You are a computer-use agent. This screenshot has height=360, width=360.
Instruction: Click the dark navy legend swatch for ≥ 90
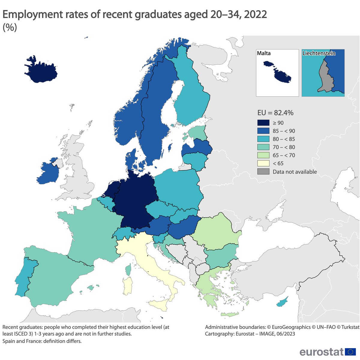[263, 123]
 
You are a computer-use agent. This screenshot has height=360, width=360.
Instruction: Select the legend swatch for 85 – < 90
[263, 131]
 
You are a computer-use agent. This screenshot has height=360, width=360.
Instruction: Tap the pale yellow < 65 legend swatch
[263, 163]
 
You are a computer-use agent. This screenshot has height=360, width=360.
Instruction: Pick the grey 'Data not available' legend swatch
[263, 172]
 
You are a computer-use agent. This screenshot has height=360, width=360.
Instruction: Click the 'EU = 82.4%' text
[275, 113]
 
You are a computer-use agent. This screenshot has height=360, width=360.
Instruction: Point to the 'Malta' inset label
[264, 53]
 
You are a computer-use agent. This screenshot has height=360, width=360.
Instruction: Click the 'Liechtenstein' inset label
[319, 53]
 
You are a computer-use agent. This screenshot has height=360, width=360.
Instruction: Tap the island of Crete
[229, 314]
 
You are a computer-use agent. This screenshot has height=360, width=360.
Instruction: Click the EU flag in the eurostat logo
[350, 352]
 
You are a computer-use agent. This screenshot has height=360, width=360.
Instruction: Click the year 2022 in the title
[255, 14]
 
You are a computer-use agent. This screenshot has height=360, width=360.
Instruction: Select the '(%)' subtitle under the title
[10, 27]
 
